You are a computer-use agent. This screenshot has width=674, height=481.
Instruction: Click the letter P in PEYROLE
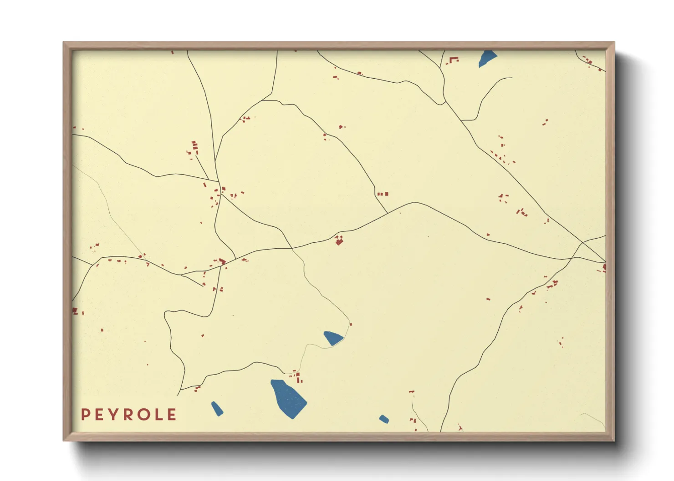click(x=85, y=415)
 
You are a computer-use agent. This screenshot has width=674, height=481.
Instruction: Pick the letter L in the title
click(x=158, y=415)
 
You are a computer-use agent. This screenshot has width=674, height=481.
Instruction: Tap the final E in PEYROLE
click(x=172, y=415)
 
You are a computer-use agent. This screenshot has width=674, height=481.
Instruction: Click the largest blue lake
click(x=288, y=398)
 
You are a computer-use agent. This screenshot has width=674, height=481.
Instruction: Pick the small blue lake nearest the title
click(x=217, y=408)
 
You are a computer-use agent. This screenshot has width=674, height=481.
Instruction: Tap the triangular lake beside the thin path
click(x=332, y=338)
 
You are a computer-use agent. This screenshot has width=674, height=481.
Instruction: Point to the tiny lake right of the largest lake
click(x=384, y=419)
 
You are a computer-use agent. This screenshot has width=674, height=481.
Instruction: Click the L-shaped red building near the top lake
click(x=454, y=59)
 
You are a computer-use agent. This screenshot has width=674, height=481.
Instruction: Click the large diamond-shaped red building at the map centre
click(x=339, y=241)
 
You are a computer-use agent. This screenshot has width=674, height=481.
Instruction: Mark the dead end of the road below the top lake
click(x=511, y=78)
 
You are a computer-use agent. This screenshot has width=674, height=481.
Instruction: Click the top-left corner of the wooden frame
click(x=64, y=43)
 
